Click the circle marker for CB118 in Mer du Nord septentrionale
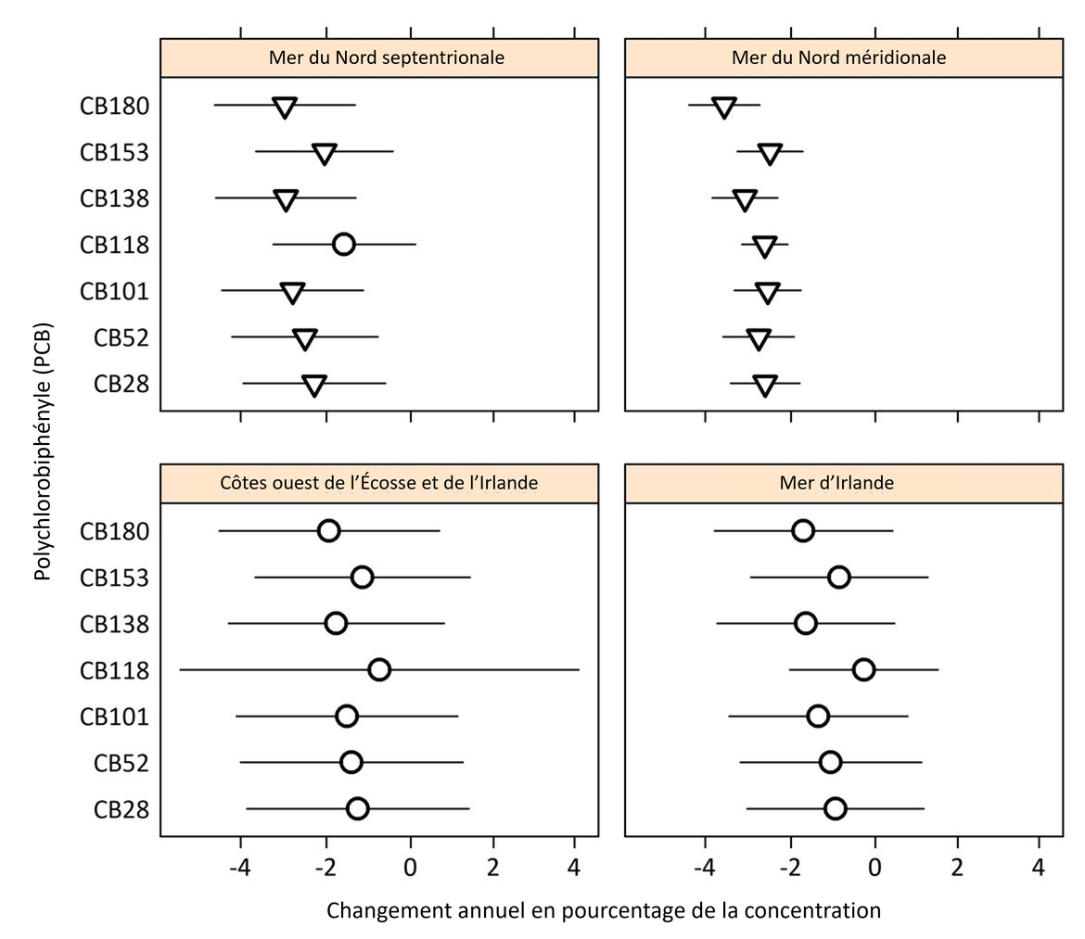pos(343,245)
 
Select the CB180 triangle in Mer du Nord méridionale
pos(724,107)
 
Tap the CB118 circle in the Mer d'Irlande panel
pos(863,669)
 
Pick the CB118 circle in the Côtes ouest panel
pos(378,669)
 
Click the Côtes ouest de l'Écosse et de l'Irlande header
pos(379,483)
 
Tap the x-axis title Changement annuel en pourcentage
pos(603,910)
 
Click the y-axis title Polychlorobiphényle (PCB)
pos(42,450)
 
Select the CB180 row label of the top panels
pos(114,107)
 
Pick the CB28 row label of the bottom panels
pos(121,809)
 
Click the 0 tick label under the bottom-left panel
pos(409,869)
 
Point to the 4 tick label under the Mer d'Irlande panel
pos(1039,869)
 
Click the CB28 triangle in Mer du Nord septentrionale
pos(314,386)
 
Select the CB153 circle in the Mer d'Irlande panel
pos(839,577)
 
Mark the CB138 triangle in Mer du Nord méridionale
pos(745,199)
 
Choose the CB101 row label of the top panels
pos(114,291)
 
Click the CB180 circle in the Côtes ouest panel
pos(328,530)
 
